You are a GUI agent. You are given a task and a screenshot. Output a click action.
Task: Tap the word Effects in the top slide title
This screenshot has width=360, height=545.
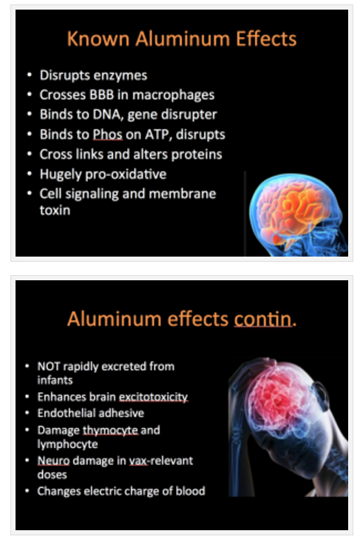[266, 38]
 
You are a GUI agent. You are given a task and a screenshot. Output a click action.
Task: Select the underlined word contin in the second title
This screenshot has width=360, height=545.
[263, 319]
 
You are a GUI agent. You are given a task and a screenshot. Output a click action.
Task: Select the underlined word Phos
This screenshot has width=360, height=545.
[108, 134]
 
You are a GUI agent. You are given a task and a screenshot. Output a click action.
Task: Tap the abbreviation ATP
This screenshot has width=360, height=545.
[158, 134]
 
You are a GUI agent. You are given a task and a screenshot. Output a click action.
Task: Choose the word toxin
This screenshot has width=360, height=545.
[55, 210]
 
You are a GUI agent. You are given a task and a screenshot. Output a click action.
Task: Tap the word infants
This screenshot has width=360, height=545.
[55, 380]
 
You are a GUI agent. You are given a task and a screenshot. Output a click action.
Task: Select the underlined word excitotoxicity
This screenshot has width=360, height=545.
[154, 397]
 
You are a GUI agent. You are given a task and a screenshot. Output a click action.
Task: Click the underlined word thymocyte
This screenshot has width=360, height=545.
[110, 430]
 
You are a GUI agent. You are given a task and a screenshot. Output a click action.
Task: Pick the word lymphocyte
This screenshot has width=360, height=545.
[68, 444]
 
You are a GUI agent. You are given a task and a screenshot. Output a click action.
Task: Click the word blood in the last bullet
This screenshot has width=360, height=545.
[191, 491]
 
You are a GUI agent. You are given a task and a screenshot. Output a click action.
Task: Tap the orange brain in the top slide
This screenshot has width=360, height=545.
[293, 209]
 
